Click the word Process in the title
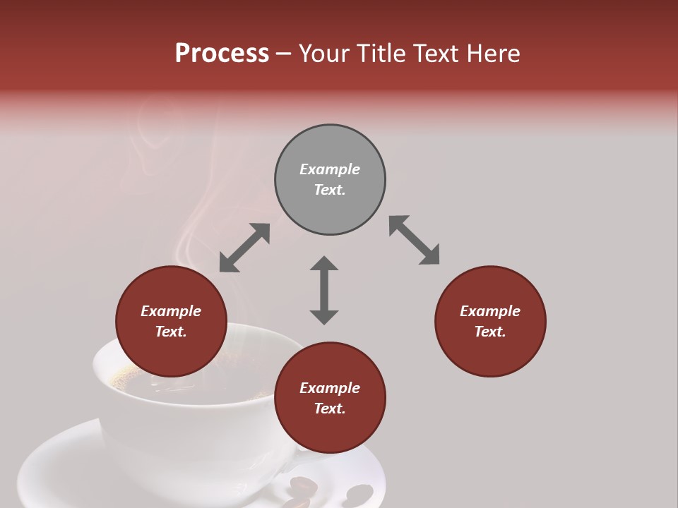tap(222, 54)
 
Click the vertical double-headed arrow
tap(324, 290)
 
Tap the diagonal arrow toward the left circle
tap(244, 248)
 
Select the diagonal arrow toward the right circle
tap(414, 240)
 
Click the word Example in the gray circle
tap(330, 169)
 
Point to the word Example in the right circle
tap(490, 311)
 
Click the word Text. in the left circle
tap(171, 332)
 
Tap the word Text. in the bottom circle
tap(330, 409)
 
